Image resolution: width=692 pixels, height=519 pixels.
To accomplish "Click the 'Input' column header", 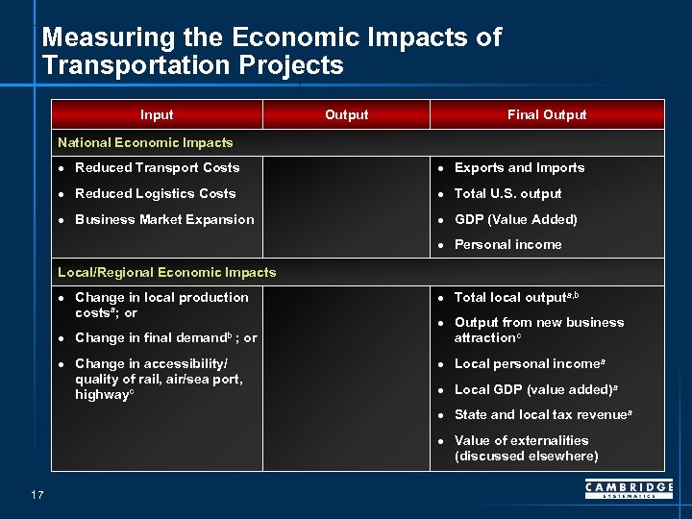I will click(157, 114).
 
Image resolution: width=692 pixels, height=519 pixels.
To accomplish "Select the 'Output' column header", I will click(346, 114).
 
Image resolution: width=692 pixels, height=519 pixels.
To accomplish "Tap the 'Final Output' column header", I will click(546, 114).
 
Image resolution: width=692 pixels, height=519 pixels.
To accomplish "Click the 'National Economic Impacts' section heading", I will click(145, 142).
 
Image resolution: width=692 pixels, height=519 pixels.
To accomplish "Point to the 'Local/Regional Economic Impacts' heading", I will click(166, 272).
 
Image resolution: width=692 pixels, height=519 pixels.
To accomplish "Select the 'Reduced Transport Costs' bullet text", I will click(157, 167).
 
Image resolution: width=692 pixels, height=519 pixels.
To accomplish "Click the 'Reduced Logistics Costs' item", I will click(155, 193).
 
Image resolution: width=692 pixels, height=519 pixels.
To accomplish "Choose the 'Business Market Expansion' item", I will click(164, 219).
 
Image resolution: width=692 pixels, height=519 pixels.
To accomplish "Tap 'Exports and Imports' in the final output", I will click(519, 167).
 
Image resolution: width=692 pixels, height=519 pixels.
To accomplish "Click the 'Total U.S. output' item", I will click(507, 193).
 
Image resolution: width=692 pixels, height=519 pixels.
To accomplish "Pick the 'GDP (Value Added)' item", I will click(515, 219).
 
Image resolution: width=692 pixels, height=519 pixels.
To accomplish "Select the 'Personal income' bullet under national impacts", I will click(507, 244).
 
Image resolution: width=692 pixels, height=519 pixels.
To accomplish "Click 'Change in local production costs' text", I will click(161, 305).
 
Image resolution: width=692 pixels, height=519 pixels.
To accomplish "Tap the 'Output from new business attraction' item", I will click(538, 330).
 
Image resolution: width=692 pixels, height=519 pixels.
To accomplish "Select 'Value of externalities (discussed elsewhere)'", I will click(526, 448).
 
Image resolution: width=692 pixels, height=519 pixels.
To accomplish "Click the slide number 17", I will click(37, 495).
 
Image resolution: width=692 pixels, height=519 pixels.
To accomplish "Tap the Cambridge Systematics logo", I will click(629, 490).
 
